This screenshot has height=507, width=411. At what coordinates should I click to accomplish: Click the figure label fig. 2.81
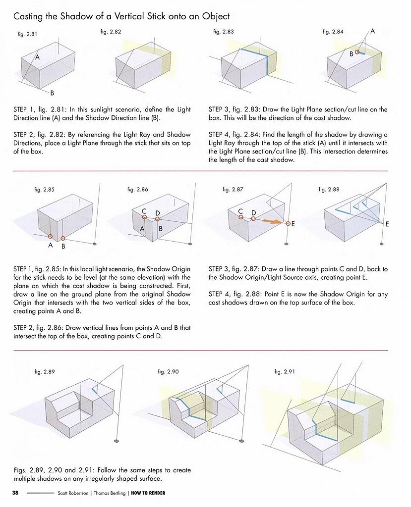pos(26,34)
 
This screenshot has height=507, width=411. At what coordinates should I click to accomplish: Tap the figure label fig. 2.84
pos(333,32)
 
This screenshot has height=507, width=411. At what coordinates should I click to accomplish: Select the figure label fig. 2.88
pos(329,190)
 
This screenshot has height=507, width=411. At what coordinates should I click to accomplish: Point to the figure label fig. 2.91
pos(285,371)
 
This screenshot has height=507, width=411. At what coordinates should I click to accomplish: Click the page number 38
pos(15,493)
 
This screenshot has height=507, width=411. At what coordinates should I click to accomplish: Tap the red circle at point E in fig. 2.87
pos(288,224)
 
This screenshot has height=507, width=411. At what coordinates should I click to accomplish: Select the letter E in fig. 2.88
pos(387,224)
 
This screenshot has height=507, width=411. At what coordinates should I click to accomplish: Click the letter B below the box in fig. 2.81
pos(52,93)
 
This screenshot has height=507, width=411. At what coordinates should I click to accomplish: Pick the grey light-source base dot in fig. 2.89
pos(117,440)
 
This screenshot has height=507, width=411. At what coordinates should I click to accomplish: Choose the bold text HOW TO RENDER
pos(148,493)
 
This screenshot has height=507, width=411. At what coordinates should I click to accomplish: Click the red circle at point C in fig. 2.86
pos(144,216)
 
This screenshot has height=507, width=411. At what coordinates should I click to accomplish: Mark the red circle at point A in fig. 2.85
pos(51,236)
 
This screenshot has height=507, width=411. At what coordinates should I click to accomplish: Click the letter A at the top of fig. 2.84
pos(372,31)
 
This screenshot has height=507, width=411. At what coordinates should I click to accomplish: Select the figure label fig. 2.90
pos(168,371)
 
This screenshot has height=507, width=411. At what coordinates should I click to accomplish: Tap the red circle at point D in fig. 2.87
pos(253,218)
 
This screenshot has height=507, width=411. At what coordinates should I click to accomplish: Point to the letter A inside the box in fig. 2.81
pos(37,57)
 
